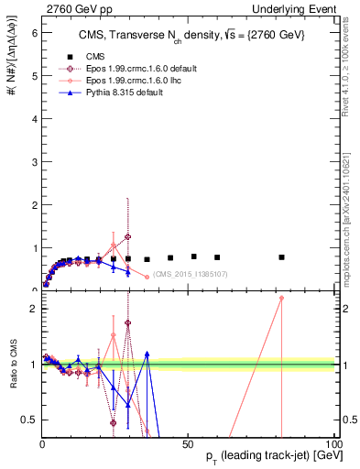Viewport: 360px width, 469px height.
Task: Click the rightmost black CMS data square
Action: (x=282, y=257)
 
